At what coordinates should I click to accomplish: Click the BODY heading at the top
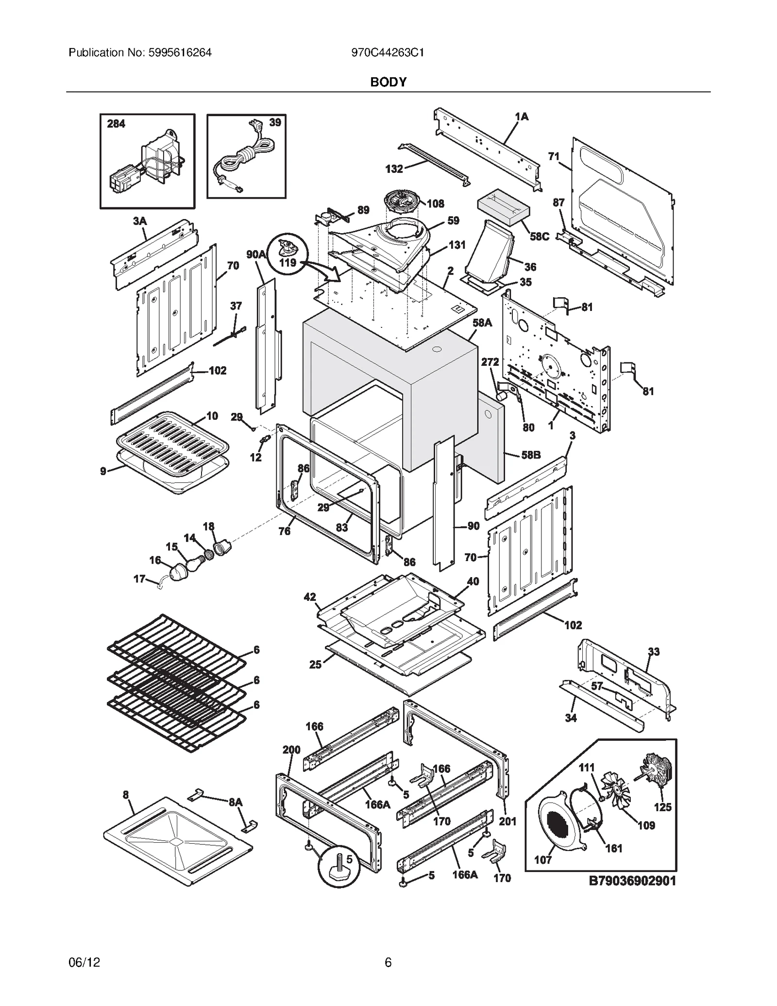[x=388, y=82]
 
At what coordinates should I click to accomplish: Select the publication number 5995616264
[x=178, y=53]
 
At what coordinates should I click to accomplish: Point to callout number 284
[x=116, y=124]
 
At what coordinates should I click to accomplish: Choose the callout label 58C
[x=539, y=237]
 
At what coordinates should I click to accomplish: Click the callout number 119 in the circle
[x=288, y=263]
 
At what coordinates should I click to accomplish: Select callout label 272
[x=490, y=362]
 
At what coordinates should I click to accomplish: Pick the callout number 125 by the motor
[x=662, y=807]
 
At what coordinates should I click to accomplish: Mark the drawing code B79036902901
[x=632, y=881]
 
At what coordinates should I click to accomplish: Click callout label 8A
[x=236, y=802]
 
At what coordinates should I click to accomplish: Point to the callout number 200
[x=291, y=750]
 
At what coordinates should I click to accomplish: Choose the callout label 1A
[x=522, y=117]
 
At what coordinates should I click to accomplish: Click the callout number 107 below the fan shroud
[x=543, y=860]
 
